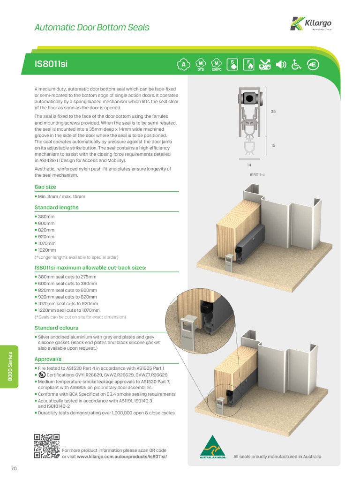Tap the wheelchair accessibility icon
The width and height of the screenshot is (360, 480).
[296, 65]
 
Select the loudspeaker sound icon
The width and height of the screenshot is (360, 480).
[281, 65]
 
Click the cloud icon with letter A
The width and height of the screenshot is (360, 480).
[184, 65]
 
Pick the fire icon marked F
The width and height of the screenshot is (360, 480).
[249, 65]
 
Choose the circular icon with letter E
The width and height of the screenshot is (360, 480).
[312, 65]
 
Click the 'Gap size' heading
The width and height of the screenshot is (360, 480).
[45, 187]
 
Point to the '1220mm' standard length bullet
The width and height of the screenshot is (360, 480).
[46, 250]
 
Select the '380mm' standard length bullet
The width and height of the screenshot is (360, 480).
[45, 217]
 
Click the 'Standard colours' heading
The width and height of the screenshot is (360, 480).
[56, 328]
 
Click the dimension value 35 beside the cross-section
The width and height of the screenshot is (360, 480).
[273, 112]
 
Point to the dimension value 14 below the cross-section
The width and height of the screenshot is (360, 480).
[249, 165]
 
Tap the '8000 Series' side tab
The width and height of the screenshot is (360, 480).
[9, 367]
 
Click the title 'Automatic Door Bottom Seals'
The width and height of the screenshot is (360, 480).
[92, 27]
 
